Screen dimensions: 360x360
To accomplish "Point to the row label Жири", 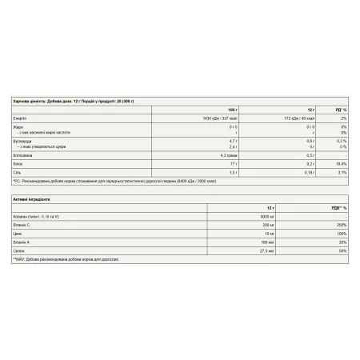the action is pyautogui.click(x=18, y=127).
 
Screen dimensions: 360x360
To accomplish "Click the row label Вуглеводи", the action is pyautogui.click(x=22, y=139).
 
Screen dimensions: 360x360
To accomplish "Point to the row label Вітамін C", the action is pyautogui.click(x=22, y=225).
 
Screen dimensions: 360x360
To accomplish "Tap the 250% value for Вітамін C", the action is pyautogui.click(x=339, y=225).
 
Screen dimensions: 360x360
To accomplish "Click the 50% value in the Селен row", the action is pyautogui.click(x=340, y=251).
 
